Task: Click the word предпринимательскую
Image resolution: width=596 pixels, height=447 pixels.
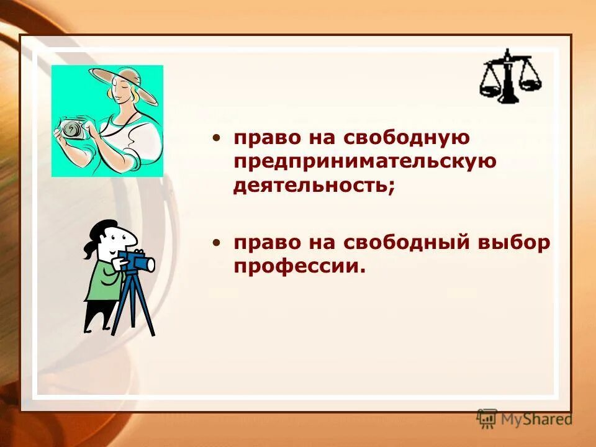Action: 365,161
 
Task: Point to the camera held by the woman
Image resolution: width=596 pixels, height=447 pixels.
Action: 71,129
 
